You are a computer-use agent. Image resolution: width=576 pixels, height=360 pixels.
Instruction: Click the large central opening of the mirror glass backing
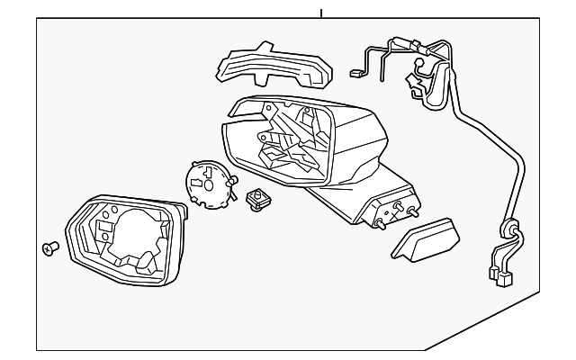pyautogui.click(x=132, y=236)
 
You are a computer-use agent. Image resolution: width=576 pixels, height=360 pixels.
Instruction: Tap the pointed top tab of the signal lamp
pyautogui.click(x=266, y=45)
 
